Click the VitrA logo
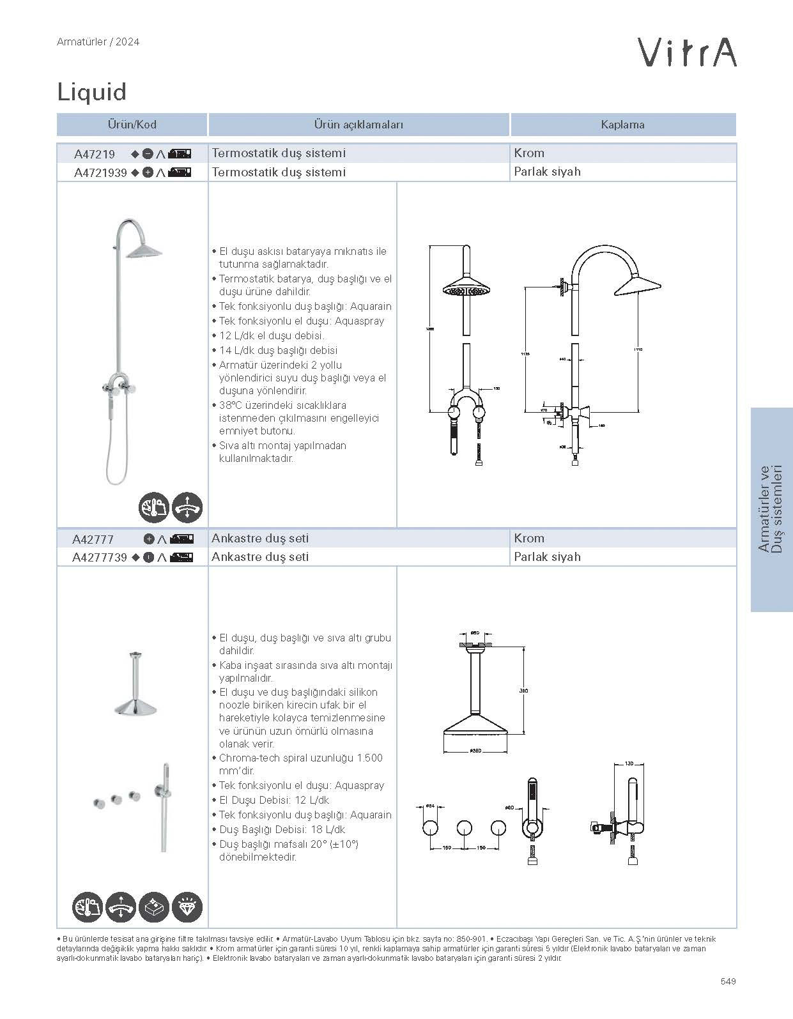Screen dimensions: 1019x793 click(x=687, y=52)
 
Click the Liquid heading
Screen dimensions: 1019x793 click(x=92, y=92)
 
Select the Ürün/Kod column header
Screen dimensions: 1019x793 click(x=132, y=125)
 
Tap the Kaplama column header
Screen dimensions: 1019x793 click(x=622, y=125)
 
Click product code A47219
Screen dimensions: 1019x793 click(x=95, y=154)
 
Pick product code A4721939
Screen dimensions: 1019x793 click(x=100, y=172)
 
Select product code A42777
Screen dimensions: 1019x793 click(x=93, y=539)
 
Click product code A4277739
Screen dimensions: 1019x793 click(x=100, y=558)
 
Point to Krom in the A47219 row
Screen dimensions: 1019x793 click(x=529, y=153)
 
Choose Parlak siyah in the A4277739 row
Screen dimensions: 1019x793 click(x=547, y=557)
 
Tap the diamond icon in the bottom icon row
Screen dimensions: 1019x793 click(x=188, y=907)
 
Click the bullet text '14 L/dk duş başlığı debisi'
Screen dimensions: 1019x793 click(x=278, y=350)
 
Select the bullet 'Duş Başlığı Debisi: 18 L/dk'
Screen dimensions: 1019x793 click(x=282, y=829)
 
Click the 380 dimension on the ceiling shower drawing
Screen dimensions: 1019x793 click(x=525, y=691)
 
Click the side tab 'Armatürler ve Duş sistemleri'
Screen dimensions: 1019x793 click(x=771, y=509)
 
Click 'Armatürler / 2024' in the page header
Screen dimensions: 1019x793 click(x=98, y=42)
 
